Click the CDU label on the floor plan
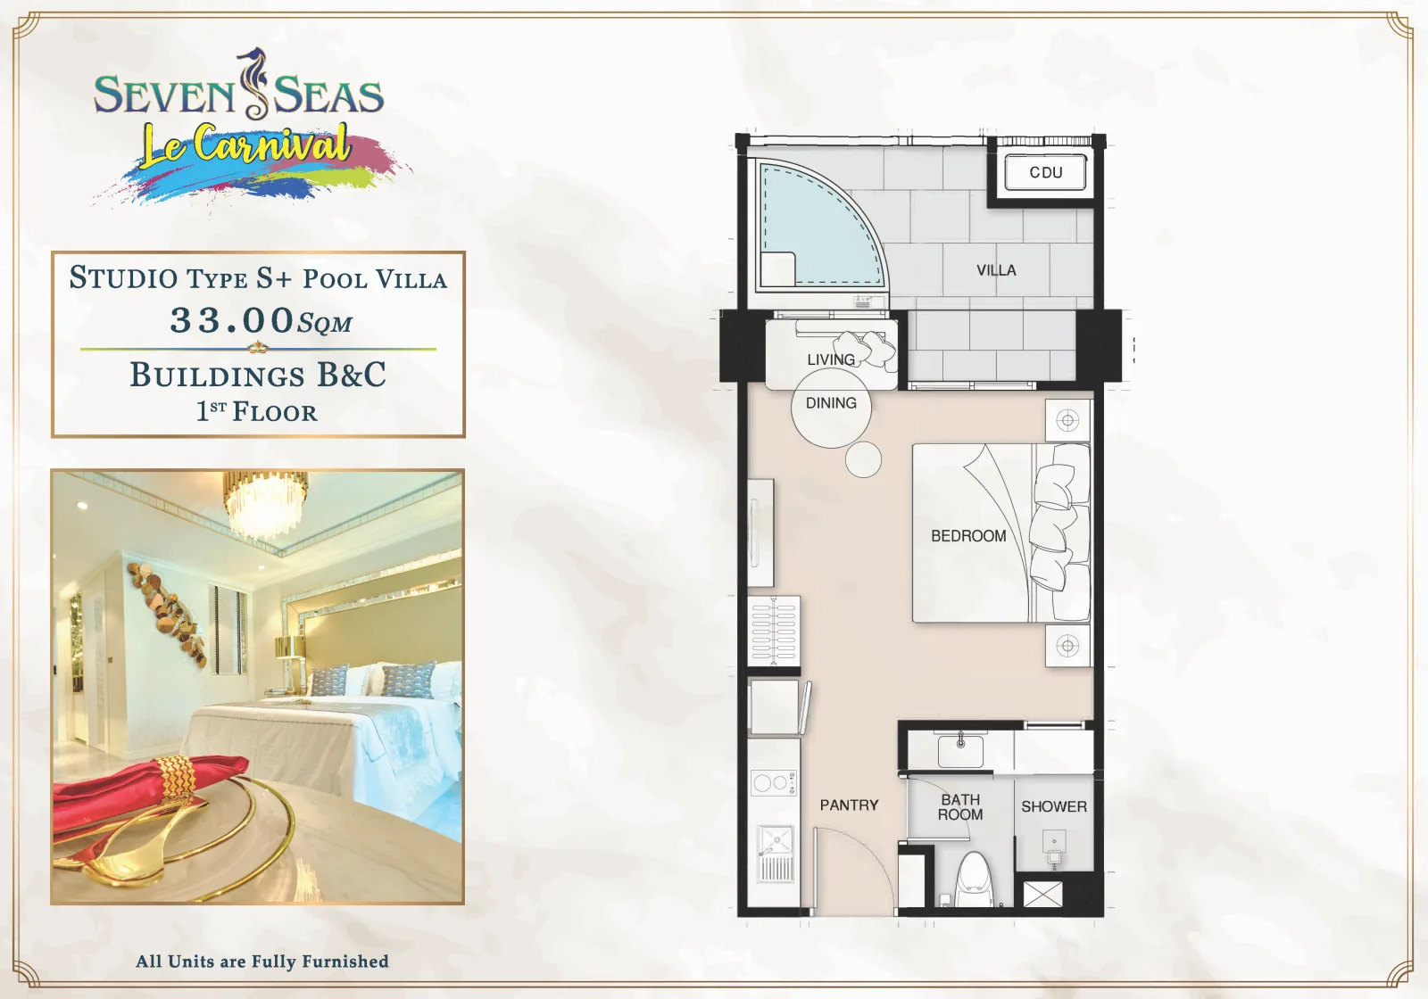click(1045, 172)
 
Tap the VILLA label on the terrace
click(996, 270)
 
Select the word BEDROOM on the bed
click(968, 536)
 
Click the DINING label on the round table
click(831, 402)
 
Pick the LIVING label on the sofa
click(831, 359)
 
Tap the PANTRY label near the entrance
click(849, 805)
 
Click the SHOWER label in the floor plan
click(1054, 806)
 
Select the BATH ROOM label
click(960, 807)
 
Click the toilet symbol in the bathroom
click(976, 879)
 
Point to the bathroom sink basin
click(960, 750)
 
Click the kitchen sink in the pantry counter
click(776, 853)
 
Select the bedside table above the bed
click(1067, 420)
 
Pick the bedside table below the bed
click(1067, 646)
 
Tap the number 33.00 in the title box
click(231, 319)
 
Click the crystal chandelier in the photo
click(264, 503)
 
